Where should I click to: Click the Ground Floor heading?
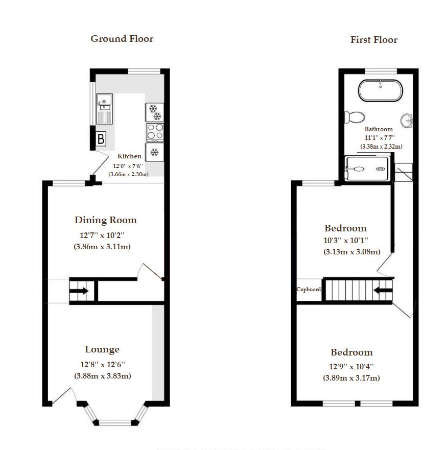point(122,39)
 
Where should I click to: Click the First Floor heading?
point(373,40)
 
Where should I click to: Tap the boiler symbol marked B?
point(101,138)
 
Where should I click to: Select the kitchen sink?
point(104,109)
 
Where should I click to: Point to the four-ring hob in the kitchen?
point(155,132)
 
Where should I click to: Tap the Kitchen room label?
point(129,156)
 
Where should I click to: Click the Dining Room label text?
point(106,220)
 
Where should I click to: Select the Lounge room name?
point(102,349)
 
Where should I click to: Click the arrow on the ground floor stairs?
point(79,292)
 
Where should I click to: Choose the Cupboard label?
point(309,290)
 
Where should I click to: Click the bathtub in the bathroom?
point(380,90)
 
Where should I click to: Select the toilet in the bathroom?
point(354,117)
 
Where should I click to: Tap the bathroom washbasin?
point(407,121)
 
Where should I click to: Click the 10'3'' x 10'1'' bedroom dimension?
point(345,240)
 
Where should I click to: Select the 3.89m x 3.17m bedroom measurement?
point(351,378)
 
